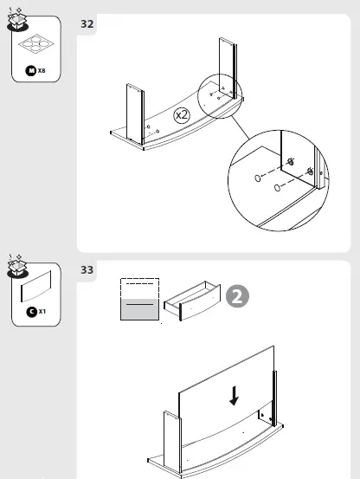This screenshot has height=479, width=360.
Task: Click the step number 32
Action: [x=87, y=23]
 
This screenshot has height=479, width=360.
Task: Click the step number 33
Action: [x=87, y=269]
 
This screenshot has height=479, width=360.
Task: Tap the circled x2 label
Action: [x=182, y=114]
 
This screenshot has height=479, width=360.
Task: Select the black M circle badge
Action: [x=31, y=69]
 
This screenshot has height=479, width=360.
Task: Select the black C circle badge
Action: [x=31, y=311]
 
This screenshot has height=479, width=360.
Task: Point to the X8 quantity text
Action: [x=42, y=69]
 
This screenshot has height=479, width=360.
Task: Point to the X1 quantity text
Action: [x=42, y=311]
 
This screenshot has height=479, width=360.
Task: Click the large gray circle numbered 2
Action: [x=238, y=297]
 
